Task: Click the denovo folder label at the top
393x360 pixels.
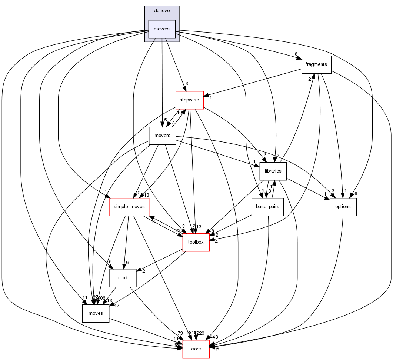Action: pyautogui.click(x=162, y=11)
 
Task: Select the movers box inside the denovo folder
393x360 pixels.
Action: pyautogui.click(x=162, y=29)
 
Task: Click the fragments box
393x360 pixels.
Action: pyautogui.click(x=316, y=64)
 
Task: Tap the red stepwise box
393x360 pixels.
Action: pyautogui.click(x=189, y=100)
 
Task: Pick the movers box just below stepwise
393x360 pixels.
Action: pyautogui.click(x=162, y=135)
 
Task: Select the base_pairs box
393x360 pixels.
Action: pyautogui.click(x=267, y=206)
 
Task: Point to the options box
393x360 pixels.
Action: pyautogui.click(x=343, y=206)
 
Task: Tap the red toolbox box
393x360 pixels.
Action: pyautogui.click(x=196, y=242)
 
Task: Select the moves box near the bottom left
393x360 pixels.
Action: pyautogui.click(x=96, y=313)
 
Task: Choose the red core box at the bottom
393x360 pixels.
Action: pyautogui.click(x=196, y=349)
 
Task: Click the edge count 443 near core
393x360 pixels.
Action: pyautogui.click(x=213, y=337)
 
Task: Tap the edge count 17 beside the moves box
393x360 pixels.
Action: pyautogui.click(x=117, y=306)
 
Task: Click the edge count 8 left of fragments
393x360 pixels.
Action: pyautogui.click(x=296, y=54)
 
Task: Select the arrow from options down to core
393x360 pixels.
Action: pyautogui.click(x=339, y=259)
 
